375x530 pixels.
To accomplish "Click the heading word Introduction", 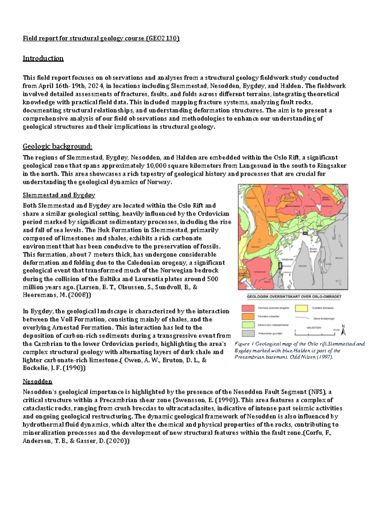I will (43, 58).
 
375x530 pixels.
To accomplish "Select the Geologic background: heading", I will (57, 146).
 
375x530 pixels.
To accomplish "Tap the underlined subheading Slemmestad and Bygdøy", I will (59, 195).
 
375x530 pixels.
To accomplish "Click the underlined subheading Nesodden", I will (37, 382).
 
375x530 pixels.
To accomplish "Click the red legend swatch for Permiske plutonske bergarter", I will (247, 308).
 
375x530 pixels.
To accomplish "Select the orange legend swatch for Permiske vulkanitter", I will (247, 316).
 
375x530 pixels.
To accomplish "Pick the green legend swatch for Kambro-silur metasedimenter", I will (247, 325).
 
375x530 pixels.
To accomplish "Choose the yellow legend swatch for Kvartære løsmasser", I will (301, 308).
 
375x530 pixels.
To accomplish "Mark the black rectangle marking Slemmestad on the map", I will (280, 266).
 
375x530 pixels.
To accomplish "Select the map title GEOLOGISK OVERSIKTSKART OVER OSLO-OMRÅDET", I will (294, 297).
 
